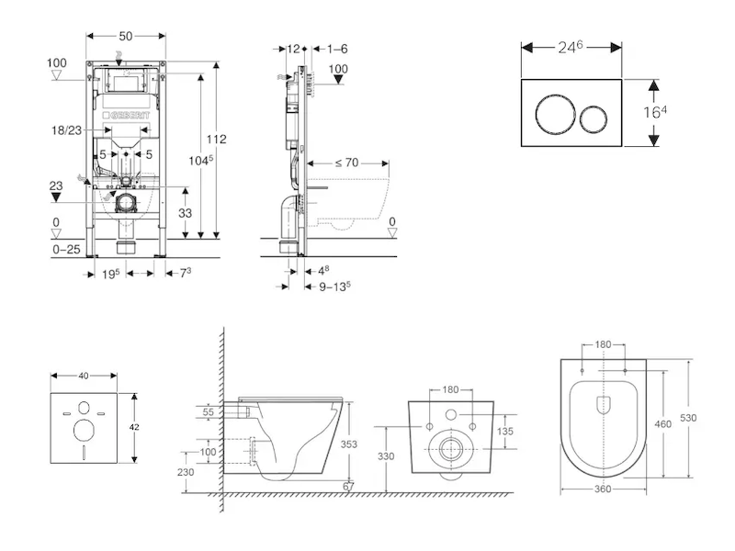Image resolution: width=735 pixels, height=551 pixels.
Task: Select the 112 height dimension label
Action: [x=216, y=140]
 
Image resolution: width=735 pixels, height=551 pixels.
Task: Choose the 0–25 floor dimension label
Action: [x=67, y=250]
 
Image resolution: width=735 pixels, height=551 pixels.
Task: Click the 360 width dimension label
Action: [x=602, y=489]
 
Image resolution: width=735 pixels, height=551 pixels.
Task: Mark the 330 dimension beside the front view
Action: [x=385, y=455]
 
